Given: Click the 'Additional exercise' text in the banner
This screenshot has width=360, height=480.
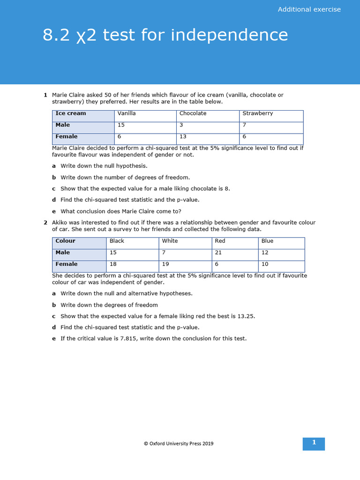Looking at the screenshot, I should pyautogui.click(x=309, y=9).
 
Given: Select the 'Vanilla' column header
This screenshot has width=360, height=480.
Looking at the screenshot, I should pyautogui.click(x=127, y=113).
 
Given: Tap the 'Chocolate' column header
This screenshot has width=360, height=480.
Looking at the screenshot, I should pyautogui.click(x=193, y=113).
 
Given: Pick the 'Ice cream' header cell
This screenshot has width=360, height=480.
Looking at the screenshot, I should pyautogui.click(x=71, y=113).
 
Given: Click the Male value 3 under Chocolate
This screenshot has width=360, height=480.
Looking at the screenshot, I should pyautogui.click(x=181, y=125).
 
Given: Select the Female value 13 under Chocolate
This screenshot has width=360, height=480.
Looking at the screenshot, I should pyautogui.click(x=183, y=137).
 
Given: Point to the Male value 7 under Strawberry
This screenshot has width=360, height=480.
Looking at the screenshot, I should pyautogui.click(x=244, y=125).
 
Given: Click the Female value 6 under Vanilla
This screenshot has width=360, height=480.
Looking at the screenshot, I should pyautogui.click(x=120, y=137).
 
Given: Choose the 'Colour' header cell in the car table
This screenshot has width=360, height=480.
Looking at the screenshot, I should pyautogui.click(x=66, y=241).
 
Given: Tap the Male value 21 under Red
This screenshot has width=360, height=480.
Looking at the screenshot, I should pyautogui.click(x=218, y=253).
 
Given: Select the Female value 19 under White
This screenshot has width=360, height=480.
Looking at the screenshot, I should pyautogui.click(x=165, y=264).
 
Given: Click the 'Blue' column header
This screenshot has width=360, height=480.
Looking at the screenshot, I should pyautogui.click(x=267, y=241).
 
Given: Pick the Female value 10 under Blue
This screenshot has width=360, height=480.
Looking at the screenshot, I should pyautogui.click(x=265, y=264).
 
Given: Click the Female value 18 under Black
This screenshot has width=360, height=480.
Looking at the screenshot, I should pyautogui.click(x=113, y=264).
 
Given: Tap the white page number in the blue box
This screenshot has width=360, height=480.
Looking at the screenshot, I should pyautogui.click(x=314, y=443).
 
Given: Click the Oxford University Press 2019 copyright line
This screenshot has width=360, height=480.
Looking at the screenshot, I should pyautogui.click(x=178, y=443).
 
